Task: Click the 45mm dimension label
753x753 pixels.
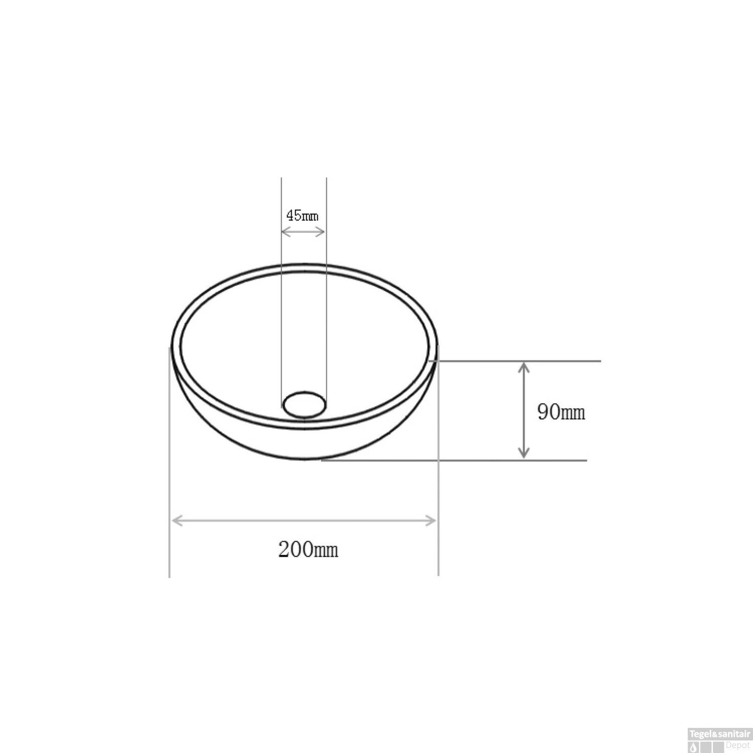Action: click(302, 215)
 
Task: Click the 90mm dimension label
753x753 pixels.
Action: click(561, 412)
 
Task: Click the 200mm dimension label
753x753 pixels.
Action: click(308, 550)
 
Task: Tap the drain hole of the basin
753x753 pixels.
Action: click(304, 405)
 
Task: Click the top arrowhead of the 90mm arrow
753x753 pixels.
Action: click(524, 367)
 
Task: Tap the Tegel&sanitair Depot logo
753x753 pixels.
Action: click(719, 740)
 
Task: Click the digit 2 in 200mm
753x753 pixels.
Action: click(284, 550)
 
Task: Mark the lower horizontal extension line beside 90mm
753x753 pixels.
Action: click(552, 460)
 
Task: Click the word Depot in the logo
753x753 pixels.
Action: click(737, 745)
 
